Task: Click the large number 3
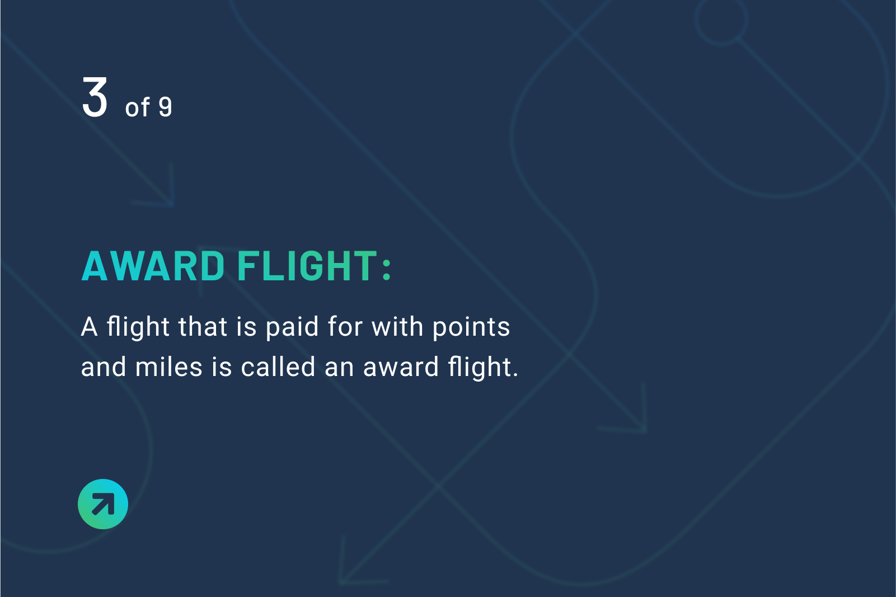(95, 98)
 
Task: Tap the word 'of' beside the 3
(137, 107)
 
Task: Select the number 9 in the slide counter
(165, 107)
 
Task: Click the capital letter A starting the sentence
(90, 327)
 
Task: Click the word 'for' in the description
(345, 327)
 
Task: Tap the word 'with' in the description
(398, 327)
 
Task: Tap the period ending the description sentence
(515, 375)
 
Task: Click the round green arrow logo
(103, 504)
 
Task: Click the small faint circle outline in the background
(721, 21)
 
